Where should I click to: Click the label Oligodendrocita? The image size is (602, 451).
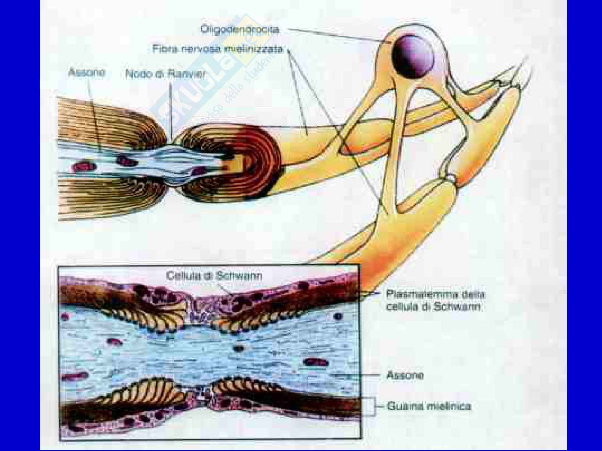(240, 30)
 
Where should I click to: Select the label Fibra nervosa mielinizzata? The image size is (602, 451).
(218, 49)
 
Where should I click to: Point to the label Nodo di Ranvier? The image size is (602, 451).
(165, 74)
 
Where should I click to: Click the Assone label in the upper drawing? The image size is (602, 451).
(87, 72)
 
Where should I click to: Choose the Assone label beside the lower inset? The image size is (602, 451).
(405, 375)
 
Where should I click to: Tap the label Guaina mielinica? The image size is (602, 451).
(429, 406)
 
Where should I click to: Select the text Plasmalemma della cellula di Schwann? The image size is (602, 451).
(435, 300)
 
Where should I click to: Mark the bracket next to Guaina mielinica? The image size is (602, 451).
(374, 406)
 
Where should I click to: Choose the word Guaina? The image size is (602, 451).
(404, 406)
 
